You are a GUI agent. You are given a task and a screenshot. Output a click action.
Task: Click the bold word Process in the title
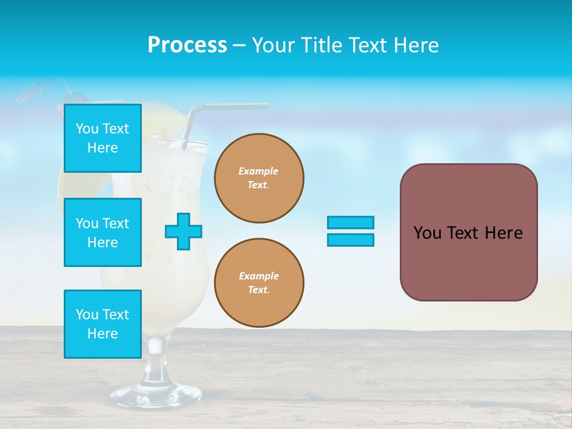(x=187, y=45)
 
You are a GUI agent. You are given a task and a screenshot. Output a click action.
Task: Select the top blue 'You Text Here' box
(x=102, y=138)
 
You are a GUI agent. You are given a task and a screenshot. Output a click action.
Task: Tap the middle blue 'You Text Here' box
(x=102, y=232)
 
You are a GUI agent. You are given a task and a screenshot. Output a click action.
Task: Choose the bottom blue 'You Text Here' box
(x=102, y=324)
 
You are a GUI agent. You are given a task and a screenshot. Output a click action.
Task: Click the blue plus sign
(x=184, y=231)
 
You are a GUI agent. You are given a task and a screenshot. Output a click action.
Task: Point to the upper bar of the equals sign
(x=350, y=222)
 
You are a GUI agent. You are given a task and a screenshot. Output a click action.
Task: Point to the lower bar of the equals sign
(x=350, y=240)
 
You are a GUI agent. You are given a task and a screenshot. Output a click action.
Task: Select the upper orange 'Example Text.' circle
(x=259, y=178)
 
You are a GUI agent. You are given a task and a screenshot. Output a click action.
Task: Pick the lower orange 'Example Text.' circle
(x=259, y=283)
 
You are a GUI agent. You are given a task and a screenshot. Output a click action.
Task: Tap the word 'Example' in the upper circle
(x=258, y=171)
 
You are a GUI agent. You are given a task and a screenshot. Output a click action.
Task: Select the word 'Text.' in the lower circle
(x=259, y=290)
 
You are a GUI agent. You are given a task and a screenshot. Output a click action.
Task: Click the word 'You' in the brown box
(x=427, y=233)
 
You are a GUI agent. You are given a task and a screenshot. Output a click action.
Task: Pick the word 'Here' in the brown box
(x=503, y=233)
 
